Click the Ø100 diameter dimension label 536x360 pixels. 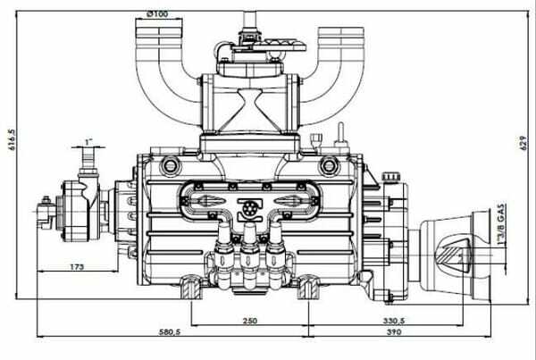point(157,14)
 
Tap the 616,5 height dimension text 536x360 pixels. point(13,139)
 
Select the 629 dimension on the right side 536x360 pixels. point(523,143)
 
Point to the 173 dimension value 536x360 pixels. point(77,267)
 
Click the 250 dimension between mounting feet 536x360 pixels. point(250,321)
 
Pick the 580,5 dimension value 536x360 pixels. point(170,331)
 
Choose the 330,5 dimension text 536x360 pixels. point(394,321)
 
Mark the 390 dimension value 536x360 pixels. point(394,331)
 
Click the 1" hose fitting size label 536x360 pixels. point(88,142)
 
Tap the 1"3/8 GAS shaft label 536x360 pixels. point(501,224)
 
